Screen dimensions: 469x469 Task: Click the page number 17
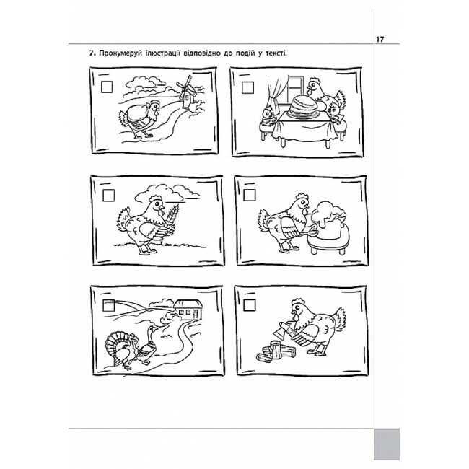point(380,39)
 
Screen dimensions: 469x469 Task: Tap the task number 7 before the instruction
point(92,53)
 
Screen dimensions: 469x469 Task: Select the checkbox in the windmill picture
point(107,87)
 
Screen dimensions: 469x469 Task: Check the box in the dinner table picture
point(247,87)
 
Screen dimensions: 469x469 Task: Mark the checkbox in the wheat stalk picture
point(108,196)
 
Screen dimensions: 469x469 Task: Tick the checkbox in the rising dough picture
point(250,195)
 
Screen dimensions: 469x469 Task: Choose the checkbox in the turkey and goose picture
point(108,306)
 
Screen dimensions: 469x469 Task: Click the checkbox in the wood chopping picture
point(250,305)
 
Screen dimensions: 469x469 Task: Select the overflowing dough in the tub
point(329,214)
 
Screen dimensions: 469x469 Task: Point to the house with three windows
point(189,310)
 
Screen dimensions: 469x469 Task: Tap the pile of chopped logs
point(276,353)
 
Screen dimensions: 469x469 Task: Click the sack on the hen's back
point(137,113)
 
